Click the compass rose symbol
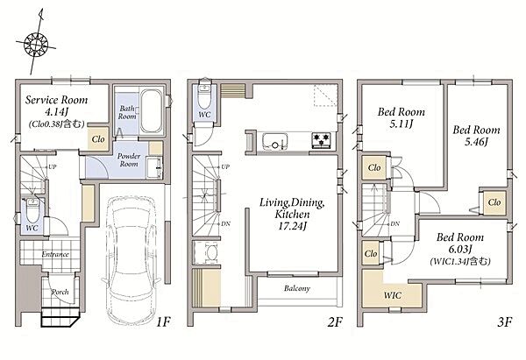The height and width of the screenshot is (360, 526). pyautogui.click(x=36, y=44)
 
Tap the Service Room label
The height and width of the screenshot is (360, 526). pyautogui.click(x=57, y=100)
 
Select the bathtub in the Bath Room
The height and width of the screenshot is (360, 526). pyautogui.click(x=151, y=111)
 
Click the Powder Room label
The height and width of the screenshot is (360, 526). pyautogui.click(x=129, y=160)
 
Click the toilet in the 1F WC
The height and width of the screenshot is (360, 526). pyautogui.click(x=32, y=210)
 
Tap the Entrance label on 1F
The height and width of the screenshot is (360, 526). pyautogui.click(x=55, y=254)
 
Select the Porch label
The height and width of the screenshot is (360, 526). pyautogui.click(x=60, y=292)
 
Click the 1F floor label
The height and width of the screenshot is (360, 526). pyautogui.click(x=164, y=322)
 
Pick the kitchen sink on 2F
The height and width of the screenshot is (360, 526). pyautogui.click(x=274, y=141)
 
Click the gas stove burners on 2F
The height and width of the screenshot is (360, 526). pyautogui.click(x=322, y=140)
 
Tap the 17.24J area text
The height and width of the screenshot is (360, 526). pyautogui.click(x=293, y=226)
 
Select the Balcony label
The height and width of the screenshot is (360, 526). pyautogui.click(x=297, y=288)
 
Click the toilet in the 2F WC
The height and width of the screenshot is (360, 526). pyautogui.click(x=204, y=95)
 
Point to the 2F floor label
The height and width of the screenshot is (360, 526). pyautogui.click(x=335, y=322)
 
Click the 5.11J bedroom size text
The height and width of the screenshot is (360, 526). pyautogui.click(x=402, y=124)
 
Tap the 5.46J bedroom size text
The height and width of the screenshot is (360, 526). pyautogui.click(x=476, y=142)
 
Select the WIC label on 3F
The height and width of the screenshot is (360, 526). pyautogui.click(x=393, y=295)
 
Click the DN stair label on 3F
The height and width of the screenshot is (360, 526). pyautogui.click(x=395, y=223)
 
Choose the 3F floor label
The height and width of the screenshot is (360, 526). pyautogui.click(x=505, y=322)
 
